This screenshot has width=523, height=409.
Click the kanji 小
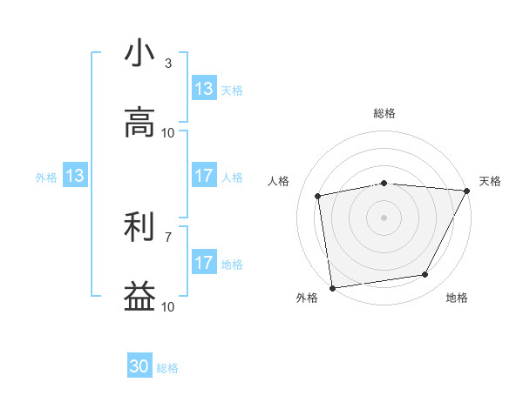[139, 54]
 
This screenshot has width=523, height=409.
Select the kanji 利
[139, 228]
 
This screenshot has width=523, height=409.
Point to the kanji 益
[139, 298]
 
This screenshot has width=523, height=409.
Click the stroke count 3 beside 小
[167, 64]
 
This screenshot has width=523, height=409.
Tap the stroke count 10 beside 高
[168, 133]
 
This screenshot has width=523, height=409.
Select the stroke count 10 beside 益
[168, 307]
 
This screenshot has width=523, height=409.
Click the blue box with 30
[139, 366]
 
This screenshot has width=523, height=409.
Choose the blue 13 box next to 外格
[74, 177]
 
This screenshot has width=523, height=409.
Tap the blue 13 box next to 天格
[204, 89]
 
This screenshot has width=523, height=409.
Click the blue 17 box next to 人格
[204, 176]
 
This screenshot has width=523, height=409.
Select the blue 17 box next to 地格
[204, 263]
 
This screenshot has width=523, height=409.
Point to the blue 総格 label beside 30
[168, 368]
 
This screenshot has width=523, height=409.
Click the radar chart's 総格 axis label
[384, 114]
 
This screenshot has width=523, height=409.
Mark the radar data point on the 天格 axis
[467, 191]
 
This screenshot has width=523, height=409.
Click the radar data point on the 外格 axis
[332, 287]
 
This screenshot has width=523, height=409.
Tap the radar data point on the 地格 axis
[425, 275]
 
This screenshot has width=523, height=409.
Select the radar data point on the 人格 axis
[319, 196]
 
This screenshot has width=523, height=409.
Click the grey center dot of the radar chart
[384, 217]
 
